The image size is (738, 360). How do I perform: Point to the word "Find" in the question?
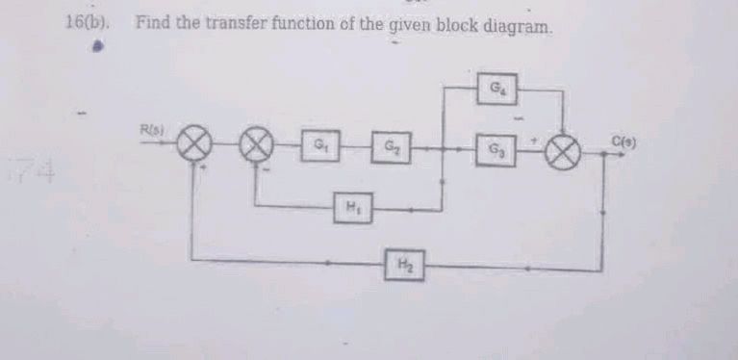[x=152, y=21]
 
